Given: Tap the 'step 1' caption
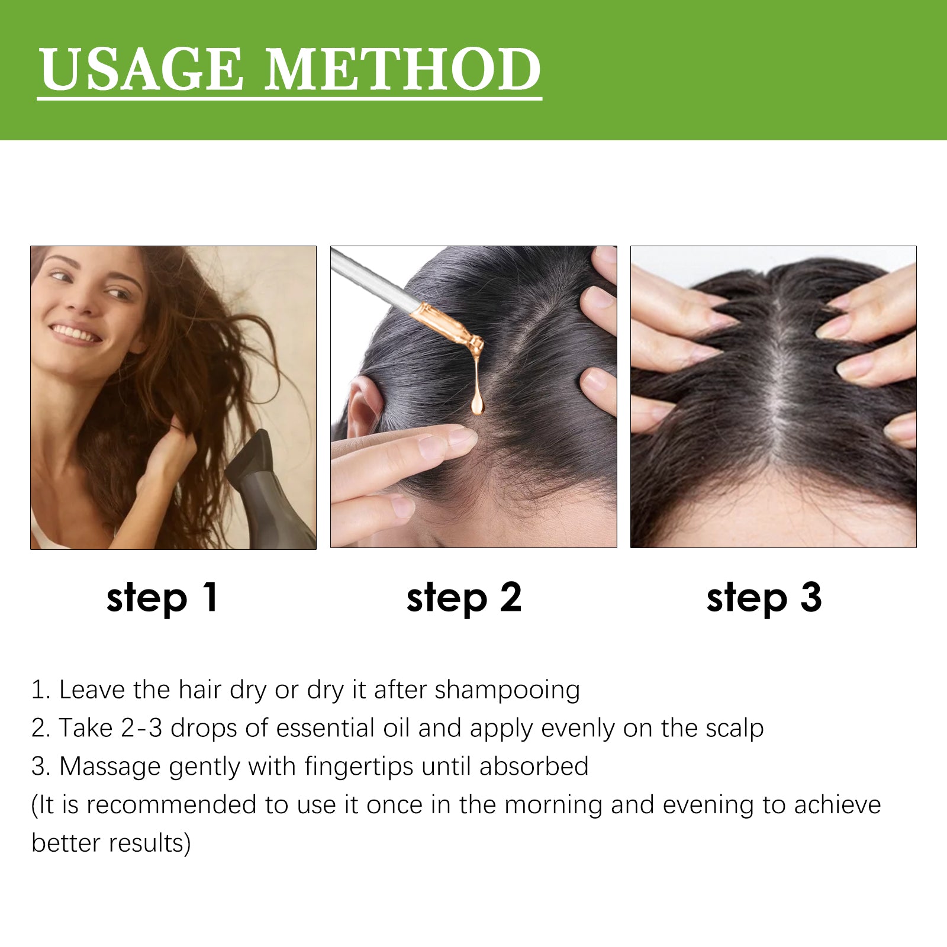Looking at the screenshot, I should (x=162, y=598).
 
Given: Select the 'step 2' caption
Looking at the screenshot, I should (x=464, y=598).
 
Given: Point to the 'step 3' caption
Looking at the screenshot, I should (x=764, y=598).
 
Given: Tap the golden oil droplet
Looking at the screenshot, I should (x=477, y=403).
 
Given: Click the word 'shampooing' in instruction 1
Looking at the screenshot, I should (x=507, y=691).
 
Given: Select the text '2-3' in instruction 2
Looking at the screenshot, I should (x=141, y=728).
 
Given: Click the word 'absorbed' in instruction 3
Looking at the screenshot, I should (x=534, y=766).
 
